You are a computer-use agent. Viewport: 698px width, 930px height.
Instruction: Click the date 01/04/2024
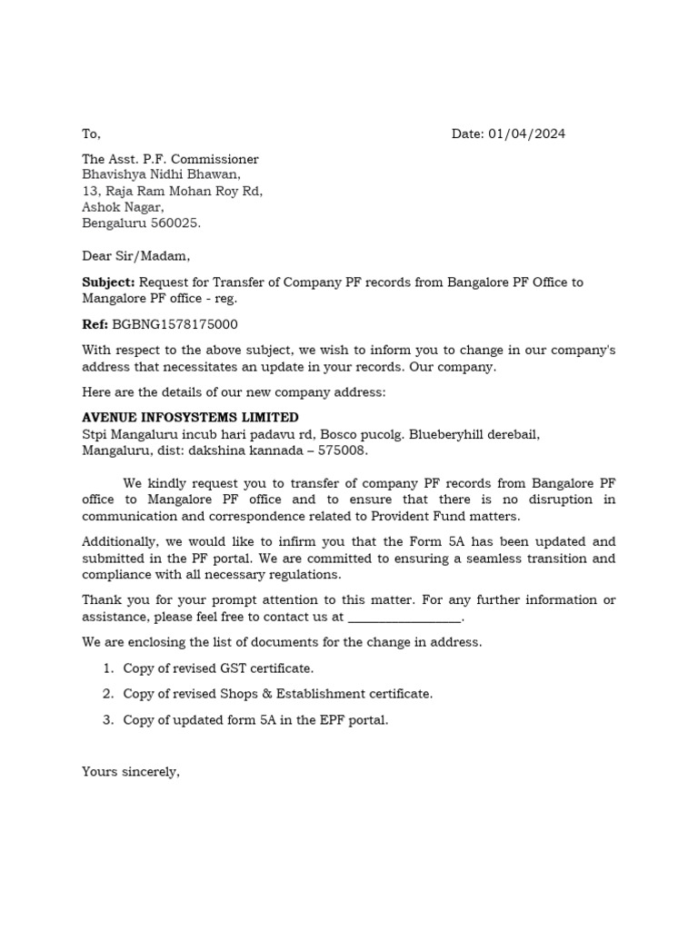click(x=526, y=134)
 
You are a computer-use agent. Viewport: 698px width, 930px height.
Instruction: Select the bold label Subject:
click(x=108, y=282)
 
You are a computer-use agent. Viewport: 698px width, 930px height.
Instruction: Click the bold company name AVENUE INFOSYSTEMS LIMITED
click(x=190, y=418)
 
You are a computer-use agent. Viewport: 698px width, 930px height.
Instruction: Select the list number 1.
click(x=107, y=668)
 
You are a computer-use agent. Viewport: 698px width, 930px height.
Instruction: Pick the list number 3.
click(x=107, y=720)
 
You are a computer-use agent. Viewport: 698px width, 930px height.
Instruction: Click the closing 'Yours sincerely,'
click(x=131, y=772)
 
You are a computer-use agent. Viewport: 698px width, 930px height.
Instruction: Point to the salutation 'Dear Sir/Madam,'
click(x=136, y=256)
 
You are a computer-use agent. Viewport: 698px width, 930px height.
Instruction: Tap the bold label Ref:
click(x=95, y=324)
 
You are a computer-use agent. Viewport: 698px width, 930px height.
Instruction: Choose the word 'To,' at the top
click(x=92, y=134)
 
